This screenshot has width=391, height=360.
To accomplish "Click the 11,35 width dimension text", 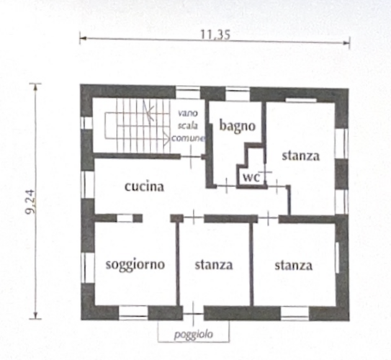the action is tap(215, 35).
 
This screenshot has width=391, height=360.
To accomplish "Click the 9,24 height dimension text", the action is tap(31, 202).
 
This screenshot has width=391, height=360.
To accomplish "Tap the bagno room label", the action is tap(238, 126).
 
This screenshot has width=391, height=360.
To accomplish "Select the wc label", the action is tap(251, 177).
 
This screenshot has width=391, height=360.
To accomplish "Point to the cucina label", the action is tap(145, 186).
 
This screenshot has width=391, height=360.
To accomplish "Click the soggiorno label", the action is tap(135, 264).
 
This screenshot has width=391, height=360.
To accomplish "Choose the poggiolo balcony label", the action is tap(194, 335).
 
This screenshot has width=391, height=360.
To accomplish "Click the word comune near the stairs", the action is tap(188, 138).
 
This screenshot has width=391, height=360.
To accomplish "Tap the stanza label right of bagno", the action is tap(301, 156).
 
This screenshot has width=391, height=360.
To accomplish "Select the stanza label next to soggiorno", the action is tap(214, 265).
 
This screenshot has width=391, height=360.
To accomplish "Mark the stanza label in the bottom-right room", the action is tap(294, 266).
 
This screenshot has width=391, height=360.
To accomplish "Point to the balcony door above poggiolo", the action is tap(194, 314).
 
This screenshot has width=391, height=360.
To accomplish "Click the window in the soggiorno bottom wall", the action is tap(133, 313).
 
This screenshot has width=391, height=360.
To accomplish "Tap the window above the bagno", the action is tap(238, 94).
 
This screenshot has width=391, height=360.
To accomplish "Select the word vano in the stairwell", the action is tap(188, 113).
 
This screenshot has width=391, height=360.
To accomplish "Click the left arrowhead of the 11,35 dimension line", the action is tap(83, 38).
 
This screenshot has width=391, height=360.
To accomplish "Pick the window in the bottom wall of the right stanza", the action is tap(295, 314).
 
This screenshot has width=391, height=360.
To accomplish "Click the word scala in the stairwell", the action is tap(188, 125).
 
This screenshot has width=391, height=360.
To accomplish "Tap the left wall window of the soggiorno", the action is tap(87, 268).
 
